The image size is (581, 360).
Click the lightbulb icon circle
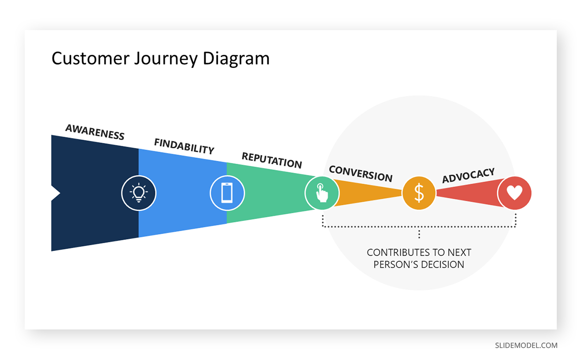click(138, 193)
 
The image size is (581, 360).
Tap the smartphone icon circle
click(227, 193)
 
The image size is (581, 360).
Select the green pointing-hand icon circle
click(321, 193)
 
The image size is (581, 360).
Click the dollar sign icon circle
click(419, 193)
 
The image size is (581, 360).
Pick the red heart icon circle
click(514, 193)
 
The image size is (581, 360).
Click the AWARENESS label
click(95, 132)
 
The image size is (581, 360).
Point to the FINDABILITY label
click(184, 146)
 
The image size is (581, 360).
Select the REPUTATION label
click(272, 160)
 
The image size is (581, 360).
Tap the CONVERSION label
click(360, 173)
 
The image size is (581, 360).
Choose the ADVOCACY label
click(468, 175)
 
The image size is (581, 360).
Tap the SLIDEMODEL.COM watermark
click(526, 345)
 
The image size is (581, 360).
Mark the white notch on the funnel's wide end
click(55, 193)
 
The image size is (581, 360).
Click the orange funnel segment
click(368, 193)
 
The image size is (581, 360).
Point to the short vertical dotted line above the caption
click(419, 234)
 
